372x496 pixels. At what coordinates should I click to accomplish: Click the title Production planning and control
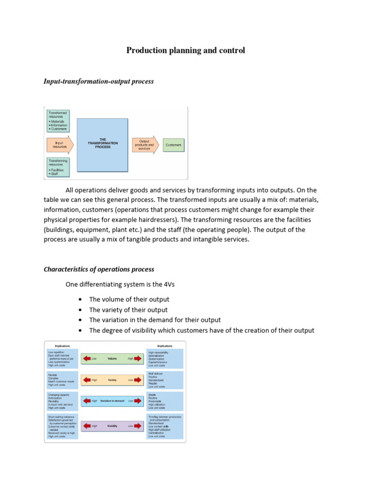coord(186,50)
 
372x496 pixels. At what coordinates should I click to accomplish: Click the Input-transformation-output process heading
coord(99,81)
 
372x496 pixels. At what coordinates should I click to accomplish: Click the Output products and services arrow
coord(145,145)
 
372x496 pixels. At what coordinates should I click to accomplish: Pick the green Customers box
coord(173,145)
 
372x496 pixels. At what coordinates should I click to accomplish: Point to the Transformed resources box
coord(58,121)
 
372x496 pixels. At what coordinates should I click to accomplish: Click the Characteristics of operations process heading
coord(99,269)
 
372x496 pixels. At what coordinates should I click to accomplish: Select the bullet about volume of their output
coord(129,299)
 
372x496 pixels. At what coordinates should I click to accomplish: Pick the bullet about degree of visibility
coord(201,330)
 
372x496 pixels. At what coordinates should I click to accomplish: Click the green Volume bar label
coord(112,358)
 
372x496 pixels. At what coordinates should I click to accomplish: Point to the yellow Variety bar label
coord(112,380)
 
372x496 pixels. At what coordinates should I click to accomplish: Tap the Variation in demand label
coord(112,401)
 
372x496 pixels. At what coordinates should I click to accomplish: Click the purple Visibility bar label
coord(112,426)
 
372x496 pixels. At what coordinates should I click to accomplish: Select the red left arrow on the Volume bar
coord(87,358)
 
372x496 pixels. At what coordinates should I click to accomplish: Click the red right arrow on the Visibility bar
coord(138,426)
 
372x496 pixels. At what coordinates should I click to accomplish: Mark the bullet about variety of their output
coord(128,310)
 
